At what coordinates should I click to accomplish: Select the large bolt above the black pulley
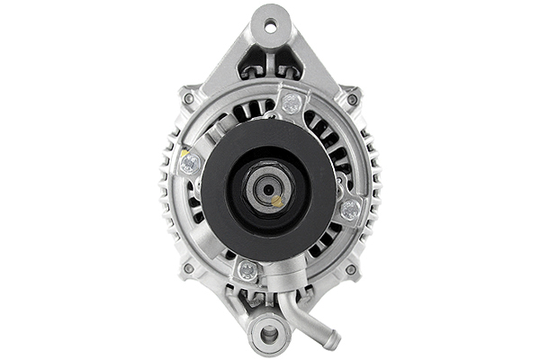[290, 103]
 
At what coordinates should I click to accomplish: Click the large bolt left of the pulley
[190, 163]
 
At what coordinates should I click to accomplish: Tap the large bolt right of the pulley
[350, 210]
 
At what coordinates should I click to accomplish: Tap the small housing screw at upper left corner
[188, 97]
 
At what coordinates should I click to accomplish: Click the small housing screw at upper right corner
[353, 98]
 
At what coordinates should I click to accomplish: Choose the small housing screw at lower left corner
[188, 267]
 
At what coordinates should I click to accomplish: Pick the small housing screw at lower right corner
[351, 268]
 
